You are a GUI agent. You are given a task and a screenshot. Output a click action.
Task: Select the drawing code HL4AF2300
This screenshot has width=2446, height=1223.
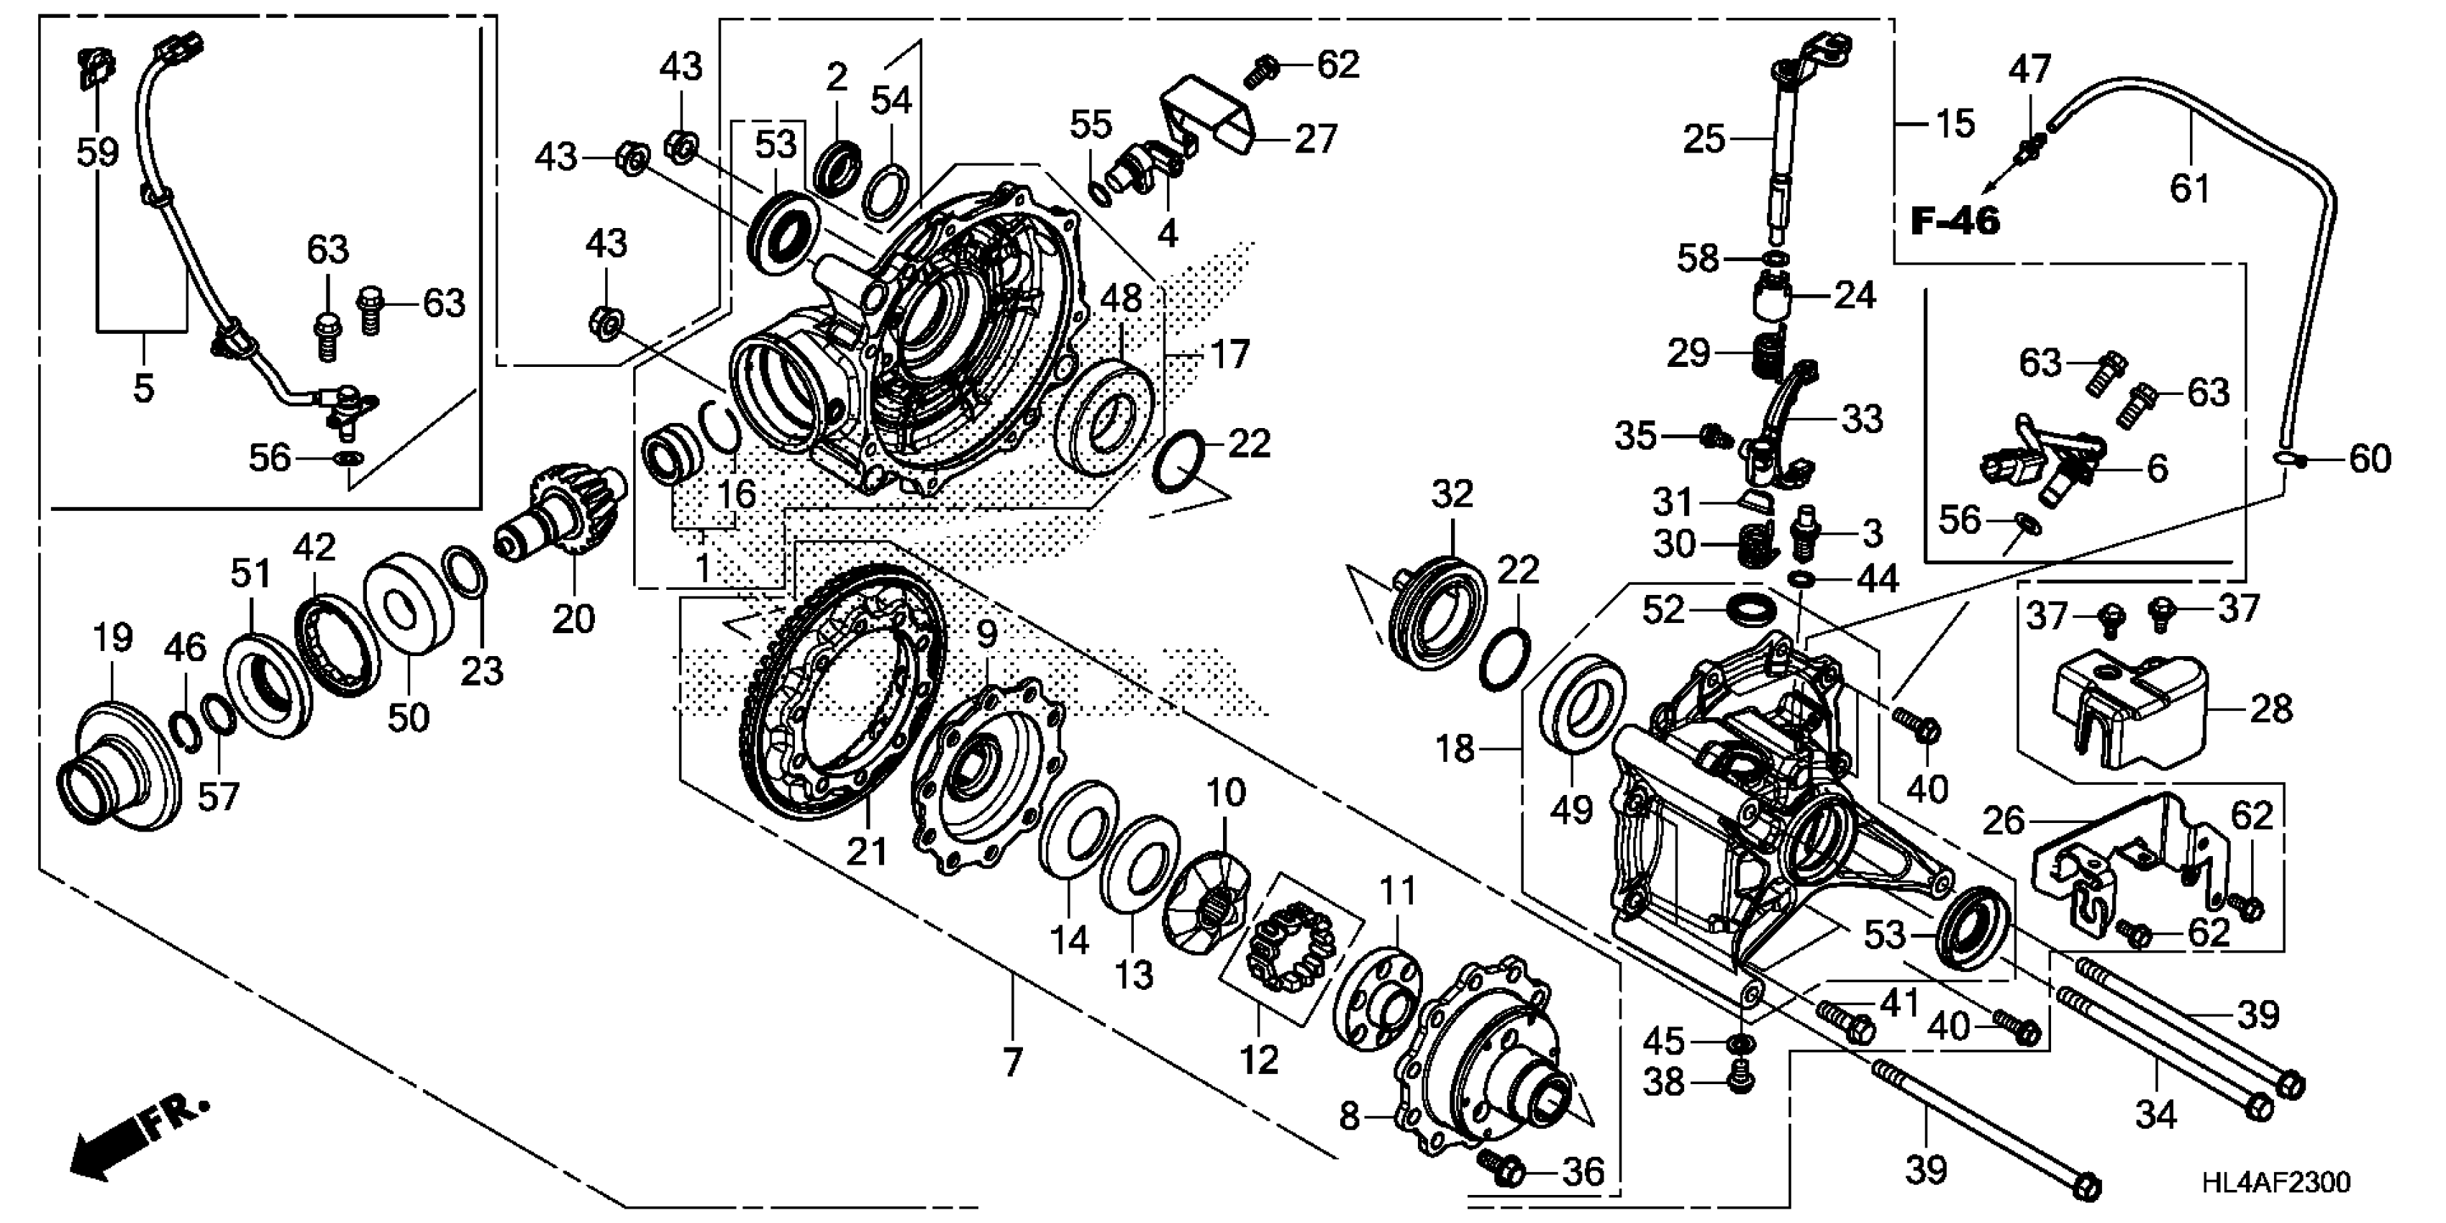(x=2275, y=1181)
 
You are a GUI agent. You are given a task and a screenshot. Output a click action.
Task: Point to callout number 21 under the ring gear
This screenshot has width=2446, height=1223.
(x=866, y=852)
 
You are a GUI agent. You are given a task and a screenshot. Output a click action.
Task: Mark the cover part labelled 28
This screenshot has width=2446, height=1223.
(x=2127, y=707)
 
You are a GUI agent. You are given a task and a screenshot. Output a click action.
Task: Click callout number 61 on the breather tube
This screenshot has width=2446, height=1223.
(x=2190, y=188)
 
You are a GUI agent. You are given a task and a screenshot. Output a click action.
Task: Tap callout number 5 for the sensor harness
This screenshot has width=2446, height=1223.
(x=142, y=388)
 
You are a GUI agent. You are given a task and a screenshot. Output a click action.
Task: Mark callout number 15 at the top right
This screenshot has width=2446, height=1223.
(x=1954, y=124)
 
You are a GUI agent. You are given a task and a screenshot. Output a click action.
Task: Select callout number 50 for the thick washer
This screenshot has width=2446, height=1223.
(x=409, y=718)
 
